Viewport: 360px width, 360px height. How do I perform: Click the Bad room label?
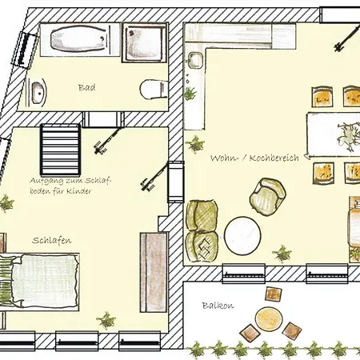(86, 87)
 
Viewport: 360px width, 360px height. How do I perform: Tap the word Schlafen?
(52, 240)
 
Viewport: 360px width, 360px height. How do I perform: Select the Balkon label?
(218, 306)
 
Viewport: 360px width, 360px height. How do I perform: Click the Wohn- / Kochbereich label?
(254, 158)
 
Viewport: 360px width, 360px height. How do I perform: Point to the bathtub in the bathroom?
(79, 39)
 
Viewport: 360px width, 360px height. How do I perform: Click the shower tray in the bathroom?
(145, 42)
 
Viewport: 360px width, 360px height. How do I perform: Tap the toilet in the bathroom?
(154, 90)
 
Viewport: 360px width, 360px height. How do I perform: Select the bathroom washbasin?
(38, 93)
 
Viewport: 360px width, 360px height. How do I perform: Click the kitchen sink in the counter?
(195, 60)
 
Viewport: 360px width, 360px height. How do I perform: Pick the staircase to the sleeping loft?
(61, 149)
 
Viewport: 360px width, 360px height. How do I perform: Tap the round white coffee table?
(242, 236)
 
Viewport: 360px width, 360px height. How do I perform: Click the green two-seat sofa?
(202, 230)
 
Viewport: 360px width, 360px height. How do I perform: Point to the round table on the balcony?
(268, 318)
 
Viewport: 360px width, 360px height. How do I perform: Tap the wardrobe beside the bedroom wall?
(154, 272)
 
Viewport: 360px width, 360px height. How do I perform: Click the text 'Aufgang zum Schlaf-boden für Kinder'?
(70, 186)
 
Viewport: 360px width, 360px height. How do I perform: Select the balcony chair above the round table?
(274, 294)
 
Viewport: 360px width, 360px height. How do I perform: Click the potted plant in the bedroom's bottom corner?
(106, 320)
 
